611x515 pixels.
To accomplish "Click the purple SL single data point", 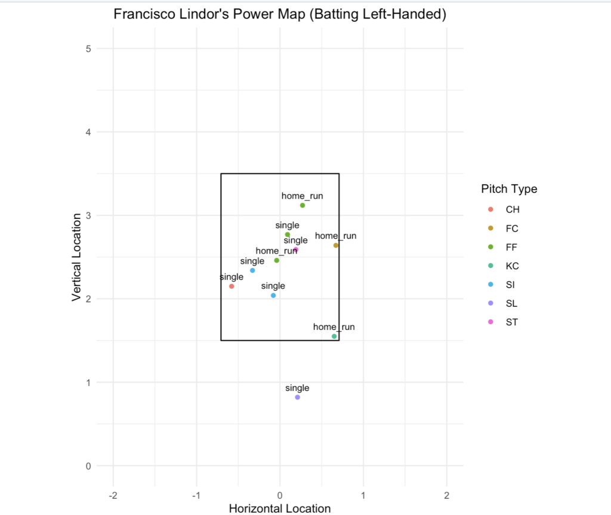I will tap(297, 397).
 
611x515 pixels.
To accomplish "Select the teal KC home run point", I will tap(334, 337).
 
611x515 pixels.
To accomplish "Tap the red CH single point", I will tap(232, 286).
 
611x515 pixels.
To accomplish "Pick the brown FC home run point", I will tap(336, 245).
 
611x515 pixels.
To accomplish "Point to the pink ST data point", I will tap(296, 250).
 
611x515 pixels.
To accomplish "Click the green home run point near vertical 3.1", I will tap(303, 205).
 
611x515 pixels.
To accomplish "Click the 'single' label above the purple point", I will tap(297, 388).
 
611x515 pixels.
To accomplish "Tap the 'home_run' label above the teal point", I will tap(334, 327).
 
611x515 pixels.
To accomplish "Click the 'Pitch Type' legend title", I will tap(509, 189).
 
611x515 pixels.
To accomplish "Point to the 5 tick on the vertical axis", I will tap(88, 48).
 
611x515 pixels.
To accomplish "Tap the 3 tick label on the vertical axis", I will tap(88, 215).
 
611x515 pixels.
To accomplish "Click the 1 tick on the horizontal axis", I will tap(363, 495).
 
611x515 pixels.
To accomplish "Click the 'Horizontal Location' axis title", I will tap(279, 508).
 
